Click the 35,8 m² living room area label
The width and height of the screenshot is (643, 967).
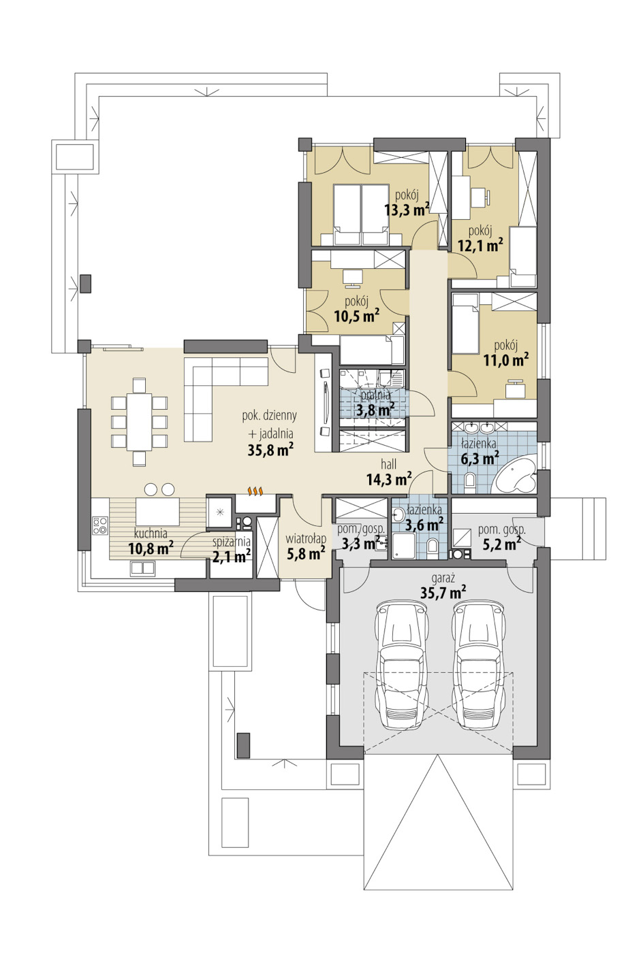point(270,450)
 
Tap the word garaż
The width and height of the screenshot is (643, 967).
point(443,578)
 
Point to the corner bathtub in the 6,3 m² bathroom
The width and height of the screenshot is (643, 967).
point(516,478)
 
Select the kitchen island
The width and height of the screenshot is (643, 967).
point(158,510)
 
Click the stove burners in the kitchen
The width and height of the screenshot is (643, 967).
point(100,525)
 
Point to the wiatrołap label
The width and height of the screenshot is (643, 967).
point(306,539)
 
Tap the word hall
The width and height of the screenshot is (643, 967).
point(388,465)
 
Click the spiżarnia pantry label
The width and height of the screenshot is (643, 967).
point(231,542)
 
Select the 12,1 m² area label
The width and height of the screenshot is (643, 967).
point(480,246)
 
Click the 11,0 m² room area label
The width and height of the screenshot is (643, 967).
point(506,359)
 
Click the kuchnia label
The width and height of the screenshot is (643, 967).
point(151,534)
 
